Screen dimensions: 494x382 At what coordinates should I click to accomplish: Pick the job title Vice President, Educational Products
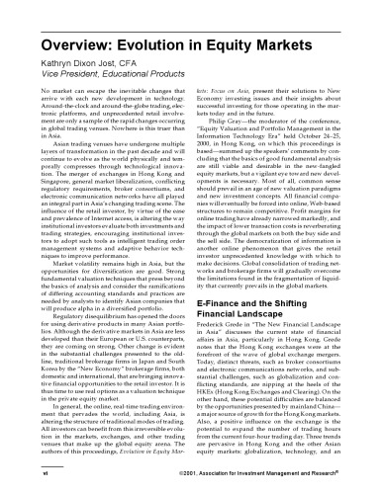point(94,48)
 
